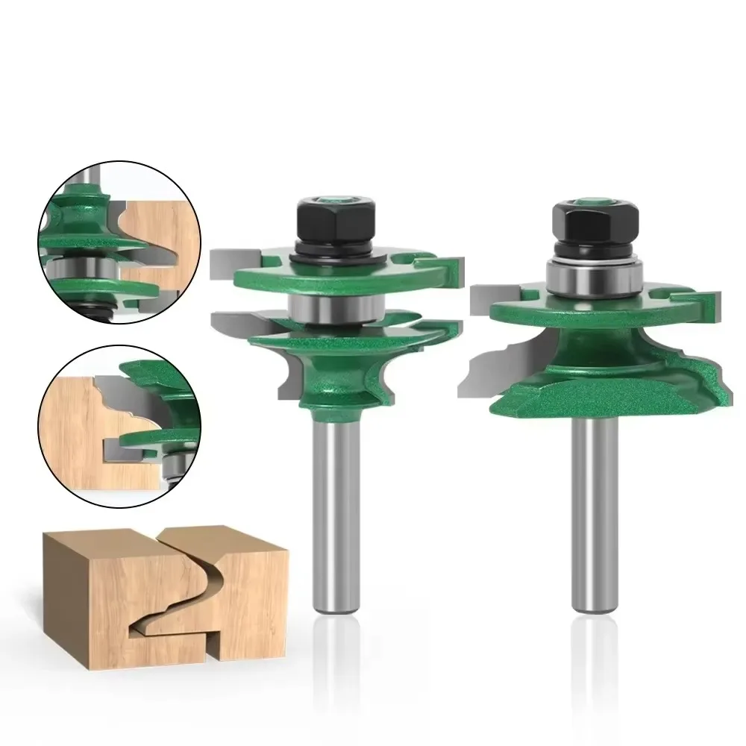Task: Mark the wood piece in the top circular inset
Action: tap(153, 231)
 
